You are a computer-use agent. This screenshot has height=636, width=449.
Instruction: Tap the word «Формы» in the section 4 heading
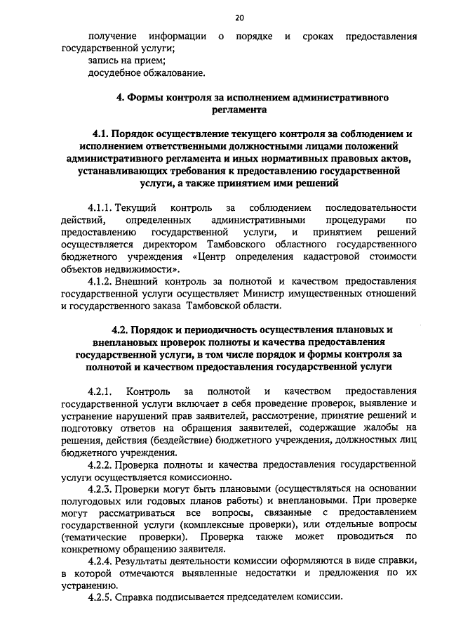pyautogui.click(x=147, y=97)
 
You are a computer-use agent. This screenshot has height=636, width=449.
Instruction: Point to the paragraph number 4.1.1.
pyautogui.click(x=100, y=209)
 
